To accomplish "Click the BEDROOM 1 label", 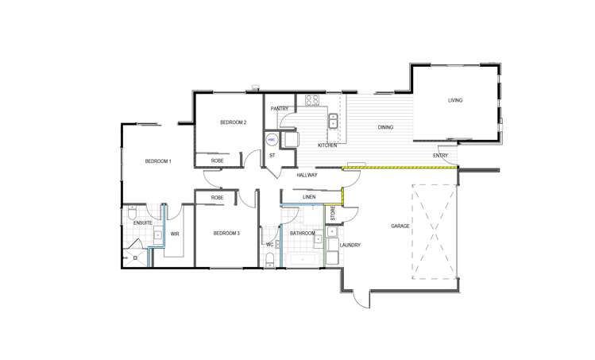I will click(158, 161).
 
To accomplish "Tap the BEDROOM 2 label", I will click(234, 122).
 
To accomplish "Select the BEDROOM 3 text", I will click(226, 234).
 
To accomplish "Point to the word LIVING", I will click(455, 100).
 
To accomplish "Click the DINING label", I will click(385, 127).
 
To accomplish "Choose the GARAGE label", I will click(400, 226).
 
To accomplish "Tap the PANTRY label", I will click(279, 108).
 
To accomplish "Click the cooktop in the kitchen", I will click(312, 100).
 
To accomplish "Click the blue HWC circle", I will click(270, 139).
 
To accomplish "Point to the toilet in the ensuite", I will click(133, 212).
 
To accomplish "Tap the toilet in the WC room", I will click(270, 261).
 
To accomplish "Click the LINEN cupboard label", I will click(310, 196).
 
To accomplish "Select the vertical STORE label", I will click(334, 214).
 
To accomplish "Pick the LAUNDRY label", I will click(350, 246).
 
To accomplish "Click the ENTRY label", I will click(440, 155).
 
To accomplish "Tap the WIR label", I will click(175, 234).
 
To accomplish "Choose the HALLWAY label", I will click(307, 175).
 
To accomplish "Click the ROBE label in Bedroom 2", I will click(217, 161).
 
